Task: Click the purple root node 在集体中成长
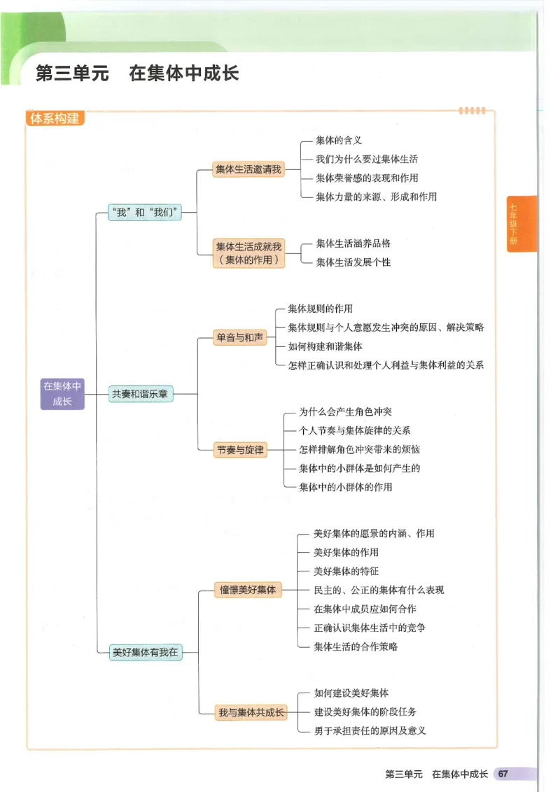[62, 394]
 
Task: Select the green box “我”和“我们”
[145, 212]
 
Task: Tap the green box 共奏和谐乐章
[140, 394]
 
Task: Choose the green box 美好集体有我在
[146, 652]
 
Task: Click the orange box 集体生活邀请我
[248, 169]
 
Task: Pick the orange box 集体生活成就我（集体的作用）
[248, 253]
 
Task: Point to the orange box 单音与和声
[240, 338]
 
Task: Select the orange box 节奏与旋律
[240, 450]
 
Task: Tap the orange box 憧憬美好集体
[248, 590]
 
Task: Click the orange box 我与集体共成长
[251, 712]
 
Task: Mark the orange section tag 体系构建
[55, 118]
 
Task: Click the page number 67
[503, 774]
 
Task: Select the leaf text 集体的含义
[339, 141]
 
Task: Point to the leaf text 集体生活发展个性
[353, 262]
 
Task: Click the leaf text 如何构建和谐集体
[325, 346]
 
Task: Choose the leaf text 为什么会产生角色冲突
[345, 411]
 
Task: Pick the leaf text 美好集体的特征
[346, 571]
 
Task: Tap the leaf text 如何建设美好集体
[351, 693]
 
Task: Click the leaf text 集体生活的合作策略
[356, 646]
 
